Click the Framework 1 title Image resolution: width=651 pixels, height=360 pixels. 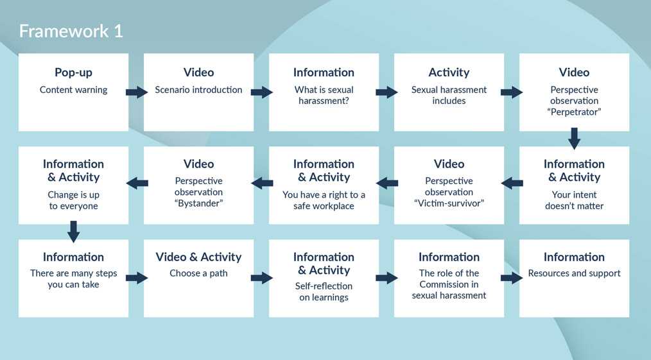tap(71, 31)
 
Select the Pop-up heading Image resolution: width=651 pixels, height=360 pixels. tap(73, 73)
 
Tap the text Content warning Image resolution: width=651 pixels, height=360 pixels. tap(73, 90)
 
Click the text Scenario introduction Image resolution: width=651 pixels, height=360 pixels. tap(198, 90)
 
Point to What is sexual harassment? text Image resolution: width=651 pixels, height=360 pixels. tap(324, 95)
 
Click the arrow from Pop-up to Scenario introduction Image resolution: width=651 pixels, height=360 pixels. tap(136, 92)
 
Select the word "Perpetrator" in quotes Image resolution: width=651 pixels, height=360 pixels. tap(574, 112)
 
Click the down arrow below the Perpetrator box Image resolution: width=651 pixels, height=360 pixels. tap(574, 138)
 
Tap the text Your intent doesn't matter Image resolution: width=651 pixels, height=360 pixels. tap(574, 200)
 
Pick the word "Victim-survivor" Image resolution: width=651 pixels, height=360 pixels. tap(449, 203)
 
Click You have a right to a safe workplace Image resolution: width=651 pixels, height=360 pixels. tap(324, 200)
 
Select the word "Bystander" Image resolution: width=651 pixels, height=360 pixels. tap(198, 203)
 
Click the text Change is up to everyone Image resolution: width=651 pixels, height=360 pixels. tap(73, 200)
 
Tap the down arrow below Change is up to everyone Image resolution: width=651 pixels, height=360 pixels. tap(73, 231)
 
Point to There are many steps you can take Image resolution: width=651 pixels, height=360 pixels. tap(73, 279)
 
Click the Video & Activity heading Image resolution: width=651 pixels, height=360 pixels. tap(198, 257)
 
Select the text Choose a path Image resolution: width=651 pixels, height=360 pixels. tap(198, 273)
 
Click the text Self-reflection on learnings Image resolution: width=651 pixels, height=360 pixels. tap(324, 291)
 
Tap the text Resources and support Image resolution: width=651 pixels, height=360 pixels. tap(574, 273)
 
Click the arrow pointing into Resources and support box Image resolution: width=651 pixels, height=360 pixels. tap(511, 278)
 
